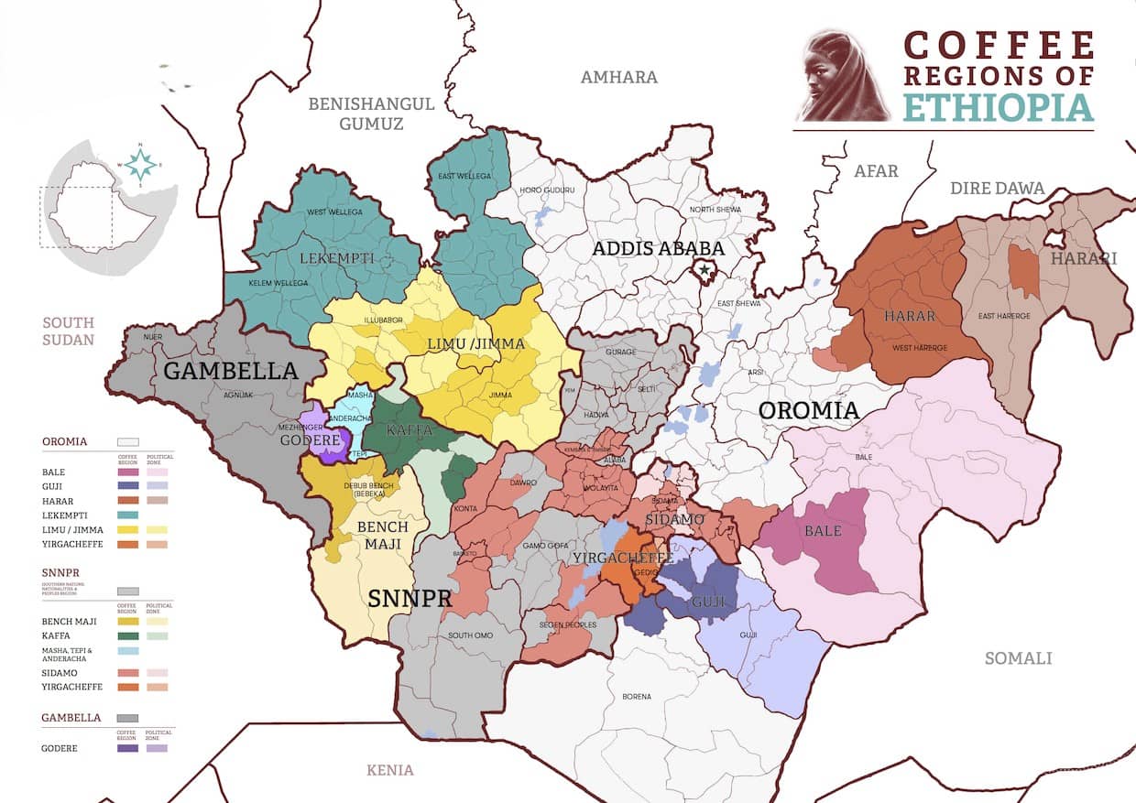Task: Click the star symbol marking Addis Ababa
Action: (x=704, y=270)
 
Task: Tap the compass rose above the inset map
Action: (x=140, y=165)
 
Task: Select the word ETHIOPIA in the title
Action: (x=998, y=107)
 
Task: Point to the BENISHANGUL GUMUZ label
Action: (x=371, y=114)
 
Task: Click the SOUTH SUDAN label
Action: (x=69, y=331)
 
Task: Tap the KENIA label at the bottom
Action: (x=389, y=770)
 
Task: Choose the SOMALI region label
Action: (x=1018, y=658)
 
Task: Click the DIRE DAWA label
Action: (x=997, y=189)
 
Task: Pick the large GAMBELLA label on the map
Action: (x=231, y=371)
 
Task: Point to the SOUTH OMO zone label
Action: (x=473, y=635)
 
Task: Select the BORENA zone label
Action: (x=636, y=697)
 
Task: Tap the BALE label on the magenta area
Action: (x=822, y=531)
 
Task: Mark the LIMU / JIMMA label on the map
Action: (x=476, y=344)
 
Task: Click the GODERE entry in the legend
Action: (x=60, y=748)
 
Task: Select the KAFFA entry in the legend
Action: (x=58, y=635)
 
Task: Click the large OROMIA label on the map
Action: (x=808, y=410)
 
